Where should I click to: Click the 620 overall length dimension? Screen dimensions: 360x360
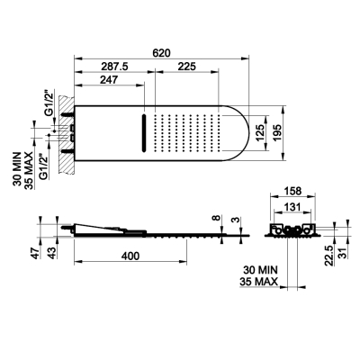[161, 53]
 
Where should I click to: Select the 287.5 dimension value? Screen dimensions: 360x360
[114, 67]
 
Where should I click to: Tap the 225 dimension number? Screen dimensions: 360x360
[186, 67]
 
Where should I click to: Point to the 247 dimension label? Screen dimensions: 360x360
[109, 80]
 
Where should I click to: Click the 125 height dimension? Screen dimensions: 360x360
[260, 132]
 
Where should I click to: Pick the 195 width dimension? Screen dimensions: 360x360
[276, 132]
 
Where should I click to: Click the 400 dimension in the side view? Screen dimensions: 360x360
[130, 256]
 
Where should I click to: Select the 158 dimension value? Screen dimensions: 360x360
[292, 191]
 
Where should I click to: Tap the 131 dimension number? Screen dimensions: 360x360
[292, 207]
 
